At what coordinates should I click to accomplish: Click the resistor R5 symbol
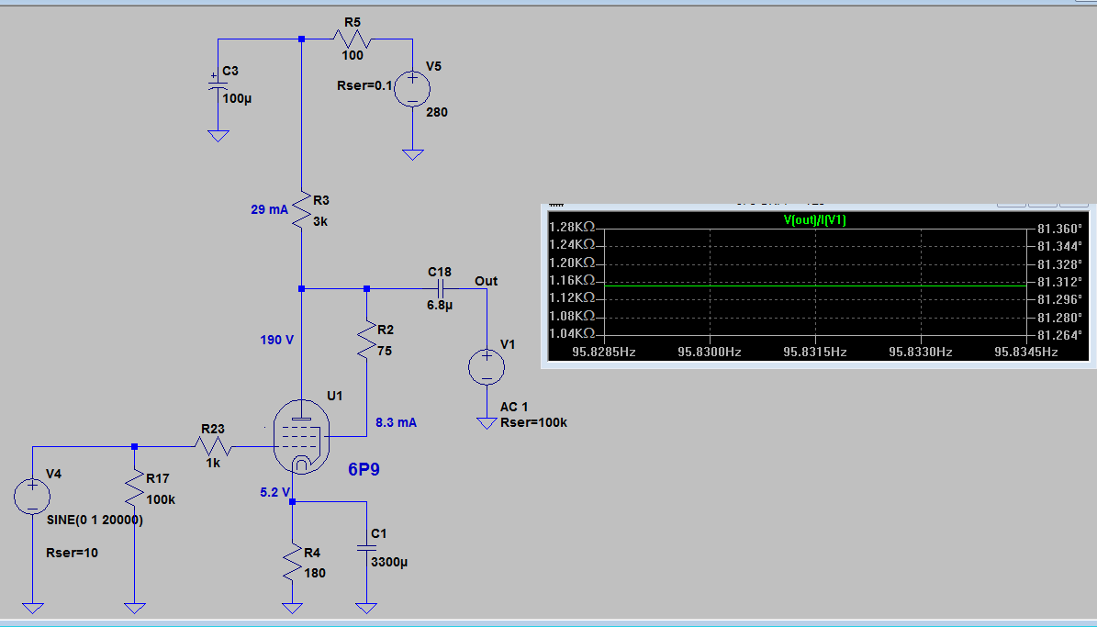point(352,39)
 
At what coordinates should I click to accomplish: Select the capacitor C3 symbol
point(218,86)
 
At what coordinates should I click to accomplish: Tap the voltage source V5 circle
point(413,89)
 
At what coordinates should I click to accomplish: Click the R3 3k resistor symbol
point(301,209)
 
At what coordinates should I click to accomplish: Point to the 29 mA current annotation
point(269,209)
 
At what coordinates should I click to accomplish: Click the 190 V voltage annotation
point(277,340)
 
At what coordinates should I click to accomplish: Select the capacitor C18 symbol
point(440,288)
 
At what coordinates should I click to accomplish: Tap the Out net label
point(487,281)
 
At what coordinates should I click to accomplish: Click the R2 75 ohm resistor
point(366,340)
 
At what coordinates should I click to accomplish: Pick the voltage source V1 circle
point(487,366)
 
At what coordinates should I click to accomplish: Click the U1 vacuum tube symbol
point(301,437)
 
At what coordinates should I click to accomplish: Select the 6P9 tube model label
point(364,469)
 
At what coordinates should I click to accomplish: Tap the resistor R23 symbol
point(213,446)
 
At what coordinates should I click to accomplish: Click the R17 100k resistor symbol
point(134,488)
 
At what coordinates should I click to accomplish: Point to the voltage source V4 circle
point(32,496)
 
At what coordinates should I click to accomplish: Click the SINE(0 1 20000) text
point(95,520)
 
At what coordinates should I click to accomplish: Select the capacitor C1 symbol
point(366,548)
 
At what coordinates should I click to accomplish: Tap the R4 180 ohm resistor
point(293,563)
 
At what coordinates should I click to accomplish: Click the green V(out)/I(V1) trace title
point(814,219)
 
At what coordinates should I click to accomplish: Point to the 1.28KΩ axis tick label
point(572,227)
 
